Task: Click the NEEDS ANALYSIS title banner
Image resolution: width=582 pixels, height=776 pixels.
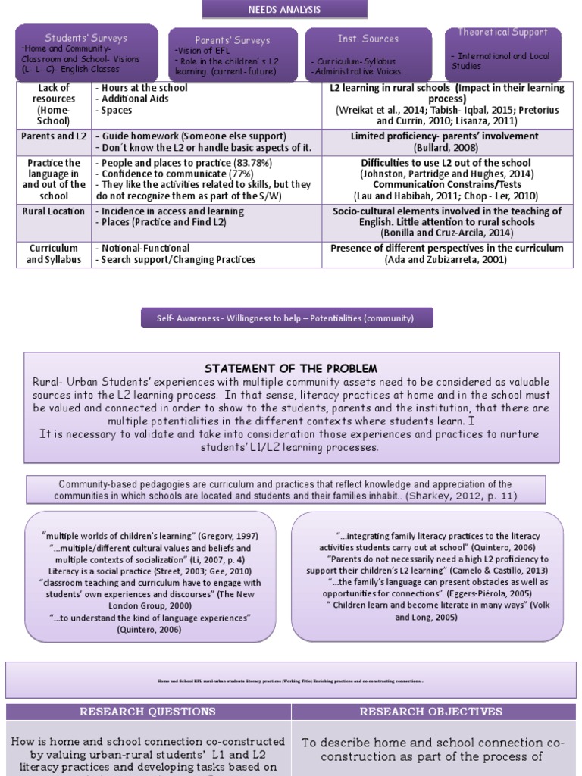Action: (x=284, y=10)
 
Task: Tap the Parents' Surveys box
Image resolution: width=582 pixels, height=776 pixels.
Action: (x=232, y=55)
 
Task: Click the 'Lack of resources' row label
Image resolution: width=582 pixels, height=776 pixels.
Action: (x=54, y=104)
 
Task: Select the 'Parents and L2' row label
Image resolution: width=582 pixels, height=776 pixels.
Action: (x=54, y=136)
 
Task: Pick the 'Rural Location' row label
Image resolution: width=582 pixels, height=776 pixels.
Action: (x=54, y=211)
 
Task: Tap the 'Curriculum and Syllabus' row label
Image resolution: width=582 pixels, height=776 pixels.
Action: (x=54, y=254)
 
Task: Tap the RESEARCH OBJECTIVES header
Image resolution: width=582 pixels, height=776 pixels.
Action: (x=430, y=712)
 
